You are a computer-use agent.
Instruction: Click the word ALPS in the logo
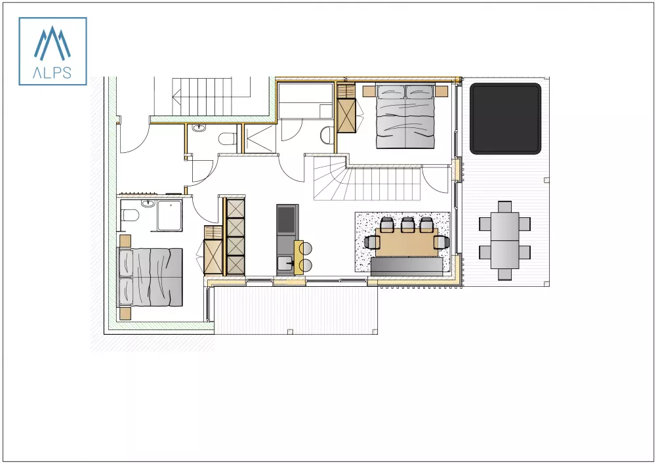pos(52,73)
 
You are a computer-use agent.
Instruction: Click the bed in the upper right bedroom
pos(405,117)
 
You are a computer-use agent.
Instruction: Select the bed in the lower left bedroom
pos(150,276)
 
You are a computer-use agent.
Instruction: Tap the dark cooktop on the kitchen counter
pos(287,220)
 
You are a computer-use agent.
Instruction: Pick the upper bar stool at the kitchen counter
pos(308,249)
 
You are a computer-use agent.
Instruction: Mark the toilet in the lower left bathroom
pos(129,215)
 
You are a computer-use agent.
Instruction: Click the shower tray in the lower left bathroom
pos(169,216)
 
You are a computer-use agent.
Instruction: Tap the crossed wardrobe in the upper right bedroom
pos(346,116)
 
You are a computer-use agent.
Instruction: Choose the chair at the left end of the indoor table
pos(373,243)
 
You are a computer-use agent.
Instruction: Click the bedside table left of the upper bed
pos(367,90)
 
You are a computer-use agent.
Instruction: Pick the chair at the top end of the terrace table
pos(504,205)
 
